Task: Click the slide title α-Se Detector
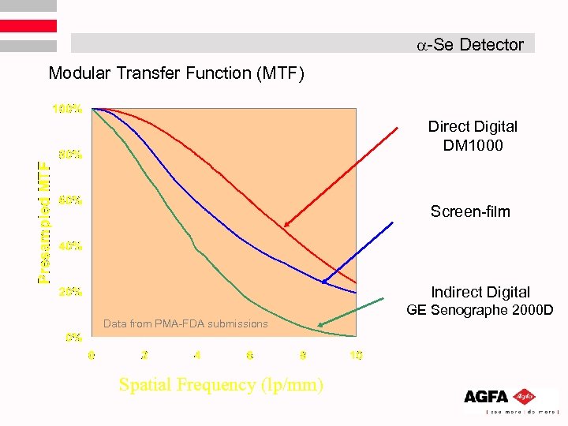tap(470, 44)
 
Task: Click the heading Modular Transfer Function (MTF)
tap(176, 73)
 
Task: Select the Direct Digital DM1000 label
tap(473, 136)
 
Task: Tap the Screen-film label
tap(470, 211)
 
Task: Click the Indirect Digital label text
tap(480, 292)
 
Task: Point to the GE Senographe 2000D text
tap(480, 309)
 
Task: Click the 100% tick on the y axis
tap(67, 108)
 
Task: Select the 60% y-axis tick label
tap(69, 200)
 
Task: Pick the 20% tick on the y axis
tap(69, 291)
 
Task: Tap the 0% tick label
tap(73, 337)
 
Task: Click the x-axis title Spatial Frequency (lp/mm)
tap(220, 385)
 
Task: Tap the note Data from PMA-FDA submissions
tap(185, 323)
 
